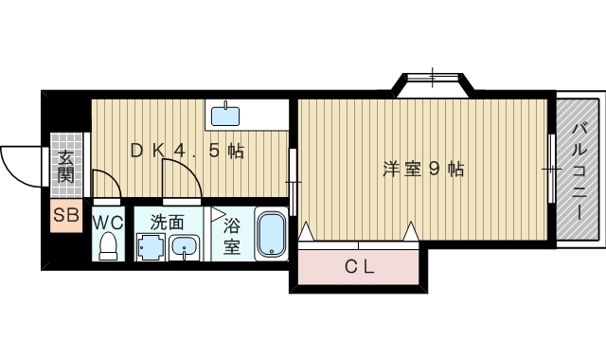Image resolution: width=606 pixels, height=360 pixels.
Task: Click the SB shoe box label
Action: [x=65, y=215]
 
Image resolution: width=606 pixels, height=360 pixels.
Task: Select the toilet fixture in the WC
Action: [x=108, y=246]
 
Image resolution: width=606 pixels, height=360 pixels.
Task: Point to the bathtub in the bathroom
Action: [x=272, y=234]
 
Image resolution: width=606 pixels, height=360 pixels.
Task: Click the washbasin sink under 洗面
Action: [x=185, y=248]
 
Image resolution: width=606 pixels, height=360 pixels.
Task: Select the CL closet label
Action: [x=359, y=266]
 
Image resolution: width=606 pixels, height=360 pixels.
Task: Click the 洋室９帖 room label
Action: [x=423, y=170]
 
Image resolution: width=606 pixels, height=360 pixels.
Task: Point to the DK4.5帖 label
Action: [x=187, y=150]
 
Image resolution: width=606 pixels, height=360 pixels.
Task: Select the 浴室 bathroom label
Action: [x=232, y=237]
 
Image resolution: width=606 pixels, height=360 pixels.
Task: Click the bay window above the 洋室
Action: [x=433, y=81]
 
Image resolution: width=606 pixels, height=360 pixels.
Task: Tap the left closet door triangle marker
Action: [x=306, y=231]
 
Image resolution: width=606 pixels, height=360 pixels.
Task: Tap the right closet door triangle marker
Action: [x=411, y=231]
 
